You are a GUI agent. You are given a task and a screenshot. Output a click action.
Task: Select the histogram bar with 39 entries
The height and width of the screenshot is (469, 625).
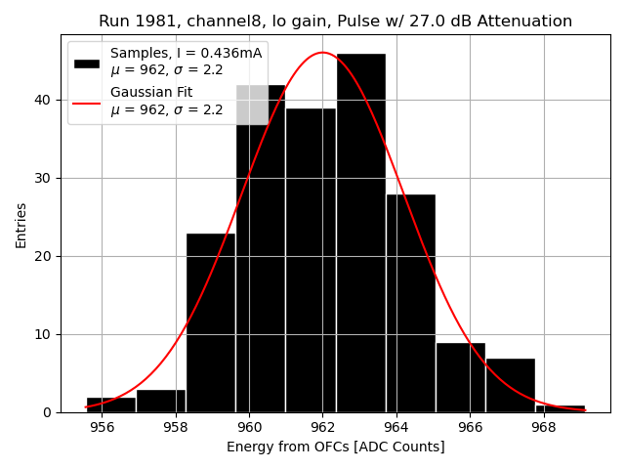[x=311, y=260]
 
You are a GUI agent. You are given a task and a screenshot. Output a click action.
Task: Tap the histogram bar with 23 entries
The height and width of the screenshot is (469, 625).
[x=211, y=322]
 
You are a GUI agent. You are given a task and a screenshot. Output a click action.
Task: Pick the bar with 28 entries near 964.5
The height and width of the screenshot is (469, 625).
[x=410, y=303]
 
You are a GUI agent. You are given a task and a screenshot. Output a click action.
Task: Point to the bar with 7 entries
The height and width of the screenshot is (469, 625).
[x=510, y=385]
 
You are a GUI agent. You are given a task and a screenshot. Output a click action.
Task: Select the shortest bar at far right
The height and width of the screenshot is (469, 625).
[x=560, y=408]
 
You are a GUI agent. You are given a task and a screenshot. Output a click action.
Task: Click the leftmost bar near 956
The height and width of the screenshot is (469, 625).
[x=111, y=405]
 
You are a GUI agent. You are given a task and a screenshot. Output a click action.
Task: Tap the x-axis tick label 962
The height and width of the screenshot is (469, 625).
[x=323, y=427]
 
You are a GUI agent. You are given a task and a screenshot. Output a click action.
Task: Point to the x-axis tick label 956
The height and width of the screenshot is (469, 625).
[x=102, y=427]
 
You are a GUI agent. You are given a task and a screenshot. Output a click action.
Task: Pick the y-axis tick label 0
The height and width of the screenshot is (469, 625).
[x=46, y=412]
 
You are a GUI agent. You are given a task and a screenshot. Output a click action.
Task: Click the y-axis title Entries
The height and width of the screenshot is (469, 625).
[x=21, y=225]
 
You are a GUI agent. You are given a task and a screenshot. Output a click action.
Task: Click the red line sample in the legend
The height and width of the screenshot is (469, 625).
[x=87, y=102]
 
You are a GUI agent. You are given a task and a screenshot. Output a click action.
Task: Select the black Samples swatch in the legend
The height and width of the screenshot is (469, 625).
[x=87, y=63]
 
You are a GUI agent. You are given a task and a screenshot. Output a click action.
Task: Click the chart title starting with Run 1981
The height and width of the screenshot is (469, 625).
[x=335, y=21]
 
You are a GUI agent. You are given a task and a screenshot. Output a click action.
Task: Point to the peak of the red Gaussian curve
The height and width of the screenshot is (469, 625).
[x=322, y=53]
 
